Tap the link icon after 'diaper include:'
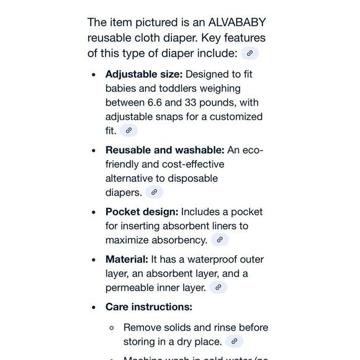[x=250, y=53]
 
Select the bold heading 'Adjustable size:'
[x=144, y=74]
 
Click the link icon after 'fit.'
[x=128, y=130]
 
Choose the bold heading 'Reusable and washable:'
[x=165, y=150]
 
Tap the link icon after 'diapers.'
[x=154, y=192]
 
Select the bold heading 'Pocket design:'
[x=142, y=212]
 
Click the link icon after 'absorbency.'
[x=219, y=240]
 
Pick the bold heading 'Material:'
[x=127, y=259]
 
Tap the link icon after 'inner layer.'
[x=218, y=287]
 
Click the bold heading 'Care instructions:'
[x=149, y=307]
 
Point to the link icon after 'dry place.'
[x=233, y=341]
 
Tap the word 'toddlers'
[x=166, y=88]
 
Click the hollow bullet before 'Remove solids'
[x=112, y=328]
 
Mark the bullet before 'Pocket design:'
[x=93, y=212]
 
